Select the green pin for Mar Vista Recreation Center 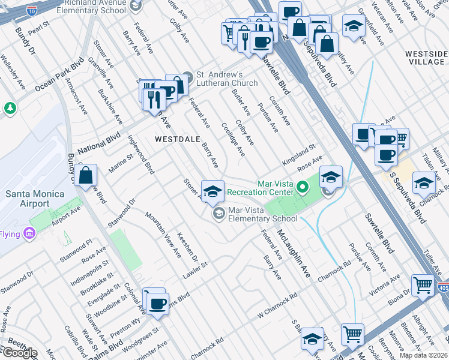303,188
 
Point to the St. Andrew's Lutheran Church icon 188,77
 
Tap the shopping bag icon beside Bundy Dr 86,176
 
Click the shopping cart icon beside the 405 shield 423,286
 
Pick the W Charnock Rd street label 277,296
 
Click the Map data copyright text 423,355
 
